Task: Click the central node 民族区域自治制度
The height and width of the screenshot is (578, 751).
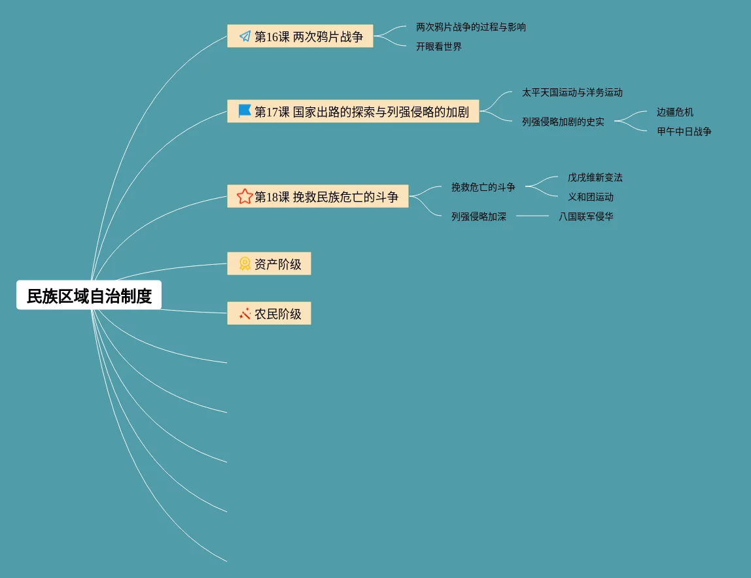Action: point(89,296)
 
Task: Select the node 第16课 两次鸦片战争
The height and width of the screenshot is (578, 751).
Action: point(308,37)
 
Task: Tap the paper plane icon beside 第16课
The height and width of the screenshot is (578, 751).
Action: point(245,37)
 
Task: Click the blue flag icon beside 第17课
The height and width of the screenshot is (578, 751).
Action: point(245,111)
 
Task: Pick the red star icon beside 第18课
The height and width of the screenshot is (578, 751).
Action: point(245,196)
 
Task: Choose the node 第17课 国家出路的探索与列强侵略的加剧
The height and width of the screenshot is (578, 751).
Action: point(361,112)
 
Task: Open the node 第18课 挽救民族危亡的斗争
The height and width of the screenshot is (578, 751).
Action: point(326,197)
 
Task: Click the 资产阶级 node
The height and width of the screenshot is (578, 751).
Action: point(277,264)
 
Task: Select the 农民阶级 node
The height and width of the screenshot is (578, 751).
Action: point(277,314)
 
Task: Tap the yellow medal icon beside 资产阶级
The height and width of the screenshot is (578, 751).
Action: point(245,264)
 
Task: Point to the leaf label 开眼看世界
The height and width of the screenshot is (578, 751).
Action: point(439,47)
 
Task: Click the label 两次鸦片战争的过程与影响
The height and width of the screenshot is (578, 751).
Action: point(471,27)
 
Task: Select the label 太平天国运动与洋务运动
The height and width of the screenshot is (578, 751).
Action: point(572,93)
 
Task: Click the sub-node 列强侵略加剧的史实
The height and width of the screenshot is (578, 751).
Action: point(563,122)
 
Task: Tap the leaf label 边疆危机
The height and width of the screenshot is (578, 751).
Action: point(675,112)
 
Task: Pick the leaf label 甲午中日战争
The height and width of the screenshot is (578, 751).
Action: point(684,132)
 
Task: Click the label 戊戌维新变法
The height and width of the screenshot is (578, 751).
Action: point(595,178)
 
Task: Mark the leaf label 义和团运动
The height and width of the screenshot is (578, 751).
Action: point(591,197)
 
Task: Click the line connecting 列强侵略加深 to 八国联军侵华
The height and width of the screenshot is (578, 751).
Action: point(533,216)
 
